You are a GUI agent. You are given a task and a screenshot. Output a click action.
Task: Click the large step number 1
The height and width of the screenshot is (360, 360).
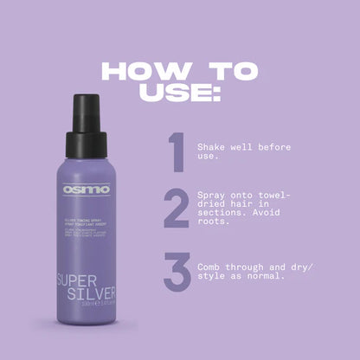click(x=176, y=153)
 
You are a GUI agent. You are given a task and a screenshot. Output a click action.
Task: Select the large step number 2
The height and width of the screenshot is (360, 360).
click(x=177, y=209)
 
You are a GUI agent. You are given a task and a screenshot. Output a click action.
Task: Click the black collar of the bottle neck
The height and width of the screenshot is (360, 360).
click(x=89, y=143)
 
